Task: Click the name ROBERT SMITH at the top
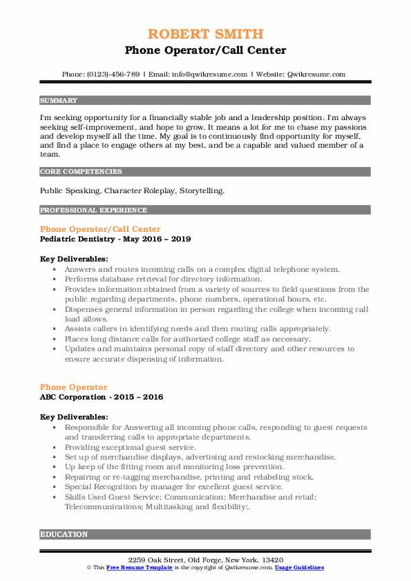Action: [205, 34]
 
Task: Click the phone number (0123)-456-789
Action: [112, 74]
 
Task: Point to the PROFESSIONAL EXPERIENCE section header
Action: [84, 210]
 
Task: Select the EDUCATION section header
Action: [64, 533]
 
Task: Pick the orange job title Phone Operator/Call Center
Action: [100, 228]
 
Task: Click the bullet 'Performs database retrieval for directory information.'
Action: [163, 279]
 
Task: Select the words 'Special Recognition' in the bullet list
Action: [98, 486]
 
